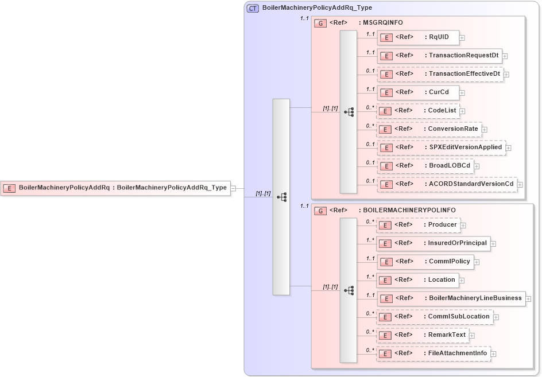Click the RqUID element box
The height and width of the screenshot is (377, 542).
click(x=417, y=38)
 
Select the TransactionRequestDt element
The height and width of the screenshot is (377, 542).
click(x=439, y=56)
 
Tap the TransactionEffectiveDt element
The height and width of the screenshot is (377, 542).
click(x=440, y=74)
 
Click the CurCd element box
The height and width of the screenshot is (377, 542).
click(x=417, y=92)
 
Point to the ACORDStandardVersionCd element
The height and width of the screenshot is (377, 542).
click(x=447, y=184)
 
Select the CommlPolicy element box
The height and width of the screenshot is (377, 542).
click(x=425, y=262)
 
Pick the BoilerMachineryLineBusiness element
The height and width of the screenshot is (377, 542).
click(x=451, y=298)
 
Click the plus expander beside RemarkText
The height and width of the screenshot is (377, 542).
click(x=472, y=336)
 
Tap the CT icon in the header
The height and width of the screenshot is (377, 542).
click(x=253, y=8)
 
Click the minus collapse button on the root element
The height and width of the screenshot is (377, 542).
click(x=233, y=188)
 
